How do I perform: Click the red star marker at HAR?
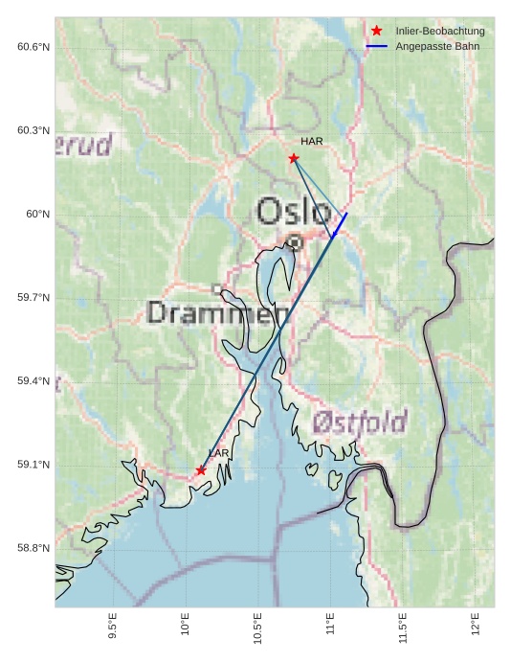tap(294, 158)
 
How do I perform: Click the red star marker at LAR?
tap(201, 470)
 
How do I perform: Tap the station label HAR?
tap(312, 141)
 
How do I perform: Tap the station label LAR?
tap(219, 452)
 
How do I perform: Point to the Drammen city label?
tap(219, 312)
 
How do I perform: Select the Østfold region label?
tap(360, 422)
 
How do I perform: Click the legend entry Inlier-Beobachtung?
tap(440, 31)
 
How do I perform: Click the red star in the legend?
tap(377, 31)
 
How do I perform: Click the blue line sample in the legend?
tap(377, 46)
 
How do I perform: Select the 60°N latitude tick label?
tap(37, 214)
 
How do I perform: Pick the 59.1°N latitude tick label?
tap(33, 465)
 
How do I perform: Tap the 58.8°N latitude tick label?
tap(33, 548)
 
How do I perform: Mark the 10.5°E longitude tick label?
tap(257, 628)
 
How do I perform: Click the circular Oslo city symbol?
tap(295, 243)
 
